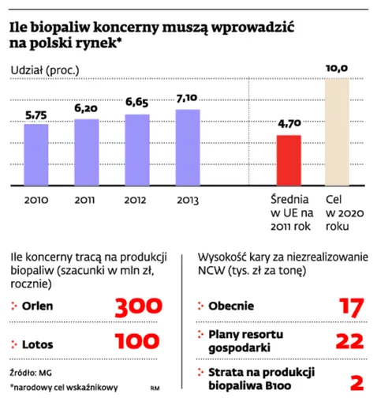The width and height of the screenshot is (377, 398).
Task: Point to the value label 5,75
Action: click(36, 115)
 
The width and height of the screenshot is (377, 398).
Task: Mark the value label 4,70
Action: click(289, 124)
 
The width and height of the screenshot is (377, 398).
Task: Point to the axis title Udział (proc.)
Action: click(45, 72)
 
